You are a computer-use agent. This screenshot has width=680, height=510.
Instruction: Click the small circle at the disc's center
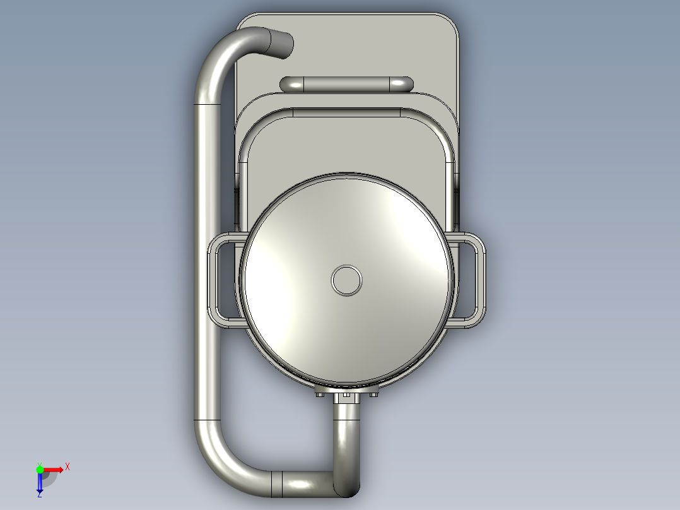[x=347, y=279]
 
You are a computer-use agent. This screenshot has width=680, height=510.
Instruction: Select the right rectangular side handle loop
[x=477, y=279]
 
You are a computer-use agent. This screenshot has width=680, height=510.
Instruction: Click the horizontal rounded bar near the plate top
[x=347, y=84]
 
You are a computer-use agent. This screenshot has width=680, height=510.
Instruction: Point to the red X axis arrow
[x=53, y=469]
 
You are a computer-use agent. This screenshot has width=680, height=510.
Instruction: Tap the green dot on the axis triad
[x=40, y=469]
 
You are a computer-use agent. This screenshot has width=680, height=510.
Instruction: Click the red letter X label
[x=67, y=467]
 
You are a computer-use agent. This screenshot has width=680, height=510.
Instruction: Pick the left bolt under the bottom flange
[x=319, y=395]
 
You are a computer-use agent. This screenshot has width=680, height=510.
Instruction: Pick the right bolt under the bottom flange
[x=374, y=395]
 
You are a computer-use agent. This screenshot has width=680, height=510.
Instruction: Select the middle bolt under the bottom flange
[x=346, y=396]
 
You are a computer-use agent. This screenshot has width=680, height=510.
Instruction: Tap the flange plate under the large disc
[x=347, y=389]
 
